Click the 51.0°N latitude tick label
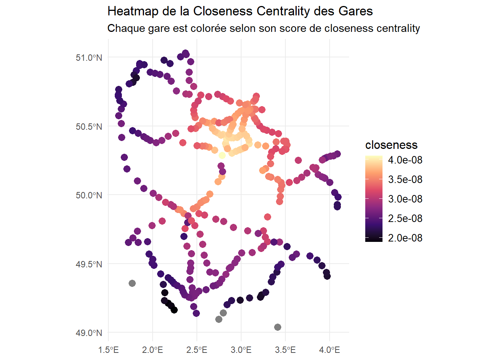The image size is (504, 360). [88, 58]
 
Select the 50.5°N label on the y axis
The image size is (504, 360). [88, 127]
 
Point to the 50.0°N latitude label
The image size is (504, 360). [88, 195]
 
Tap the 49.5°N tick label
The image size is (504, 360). [88, 264]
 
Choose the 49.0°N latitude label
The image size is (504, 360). [88, 333]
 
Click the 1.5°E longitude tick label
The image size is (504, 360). [108, 350]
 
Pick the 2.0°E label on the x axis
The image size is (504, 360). [153, 350]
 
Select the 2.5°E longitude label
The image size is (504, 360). [197, 350]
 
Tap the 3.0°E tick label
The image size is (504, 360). [241, 350]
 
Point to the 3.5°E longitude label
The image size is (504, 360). [285, 350]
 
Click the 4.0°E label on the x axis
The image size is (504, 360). [330, 350]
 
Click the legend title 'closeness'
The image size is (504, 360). [391, 145]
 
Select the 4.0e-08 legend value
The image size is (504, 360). [405, 160]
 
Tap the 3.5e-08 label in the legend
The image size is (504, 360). [405, 180]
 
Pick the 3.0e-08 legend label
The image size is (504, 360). [405, 199]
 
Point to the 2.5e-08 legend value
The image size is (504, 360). [405, 219]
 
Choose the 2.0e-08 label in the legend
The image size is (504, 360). [405, 238]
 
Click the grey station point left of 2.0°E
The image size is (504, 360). [132, 283]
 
